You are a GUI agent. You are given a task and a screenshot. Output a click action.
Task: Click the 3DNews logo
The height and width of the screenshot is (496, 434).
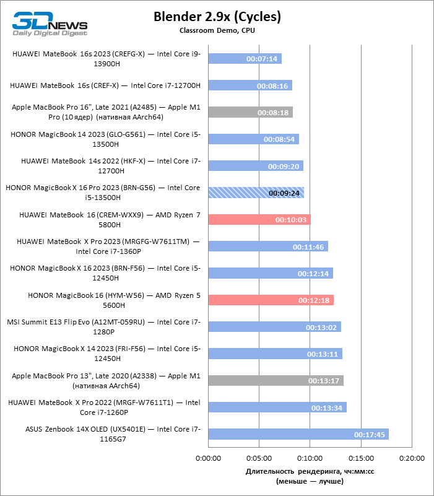click(x=50, y=24)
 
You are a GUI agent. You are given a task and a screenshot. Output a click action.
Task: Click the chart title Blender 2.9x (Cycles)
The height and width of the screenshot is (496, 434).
click(x=217, y=17)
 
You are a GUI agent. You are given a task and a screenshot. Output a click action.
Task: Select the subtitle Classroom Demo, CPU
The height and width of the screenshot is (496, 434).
click(x=217, y=30)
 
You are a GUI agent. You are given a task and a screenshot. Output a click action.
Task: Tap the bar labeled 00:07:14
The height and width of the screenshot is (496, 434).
click(x=245, y=59)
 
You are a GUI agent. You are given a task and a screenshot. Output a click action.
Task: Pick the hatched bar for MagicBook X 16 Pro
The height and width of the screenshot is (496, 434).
click(x=256, y=193)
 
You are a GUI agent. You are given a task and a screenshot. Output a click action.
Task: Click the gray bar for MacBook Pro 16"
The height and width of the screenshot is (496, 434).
click(x=251, y=112)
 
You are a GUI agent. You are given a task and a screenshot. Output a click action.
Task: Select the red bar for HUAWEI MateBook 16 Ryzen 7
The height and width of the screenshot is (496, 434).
click(x=259, y=220)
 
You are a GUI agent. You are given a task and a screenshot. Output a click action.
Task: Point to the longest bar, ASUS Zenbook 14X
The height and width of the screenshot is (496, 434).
click(x=298, y=434)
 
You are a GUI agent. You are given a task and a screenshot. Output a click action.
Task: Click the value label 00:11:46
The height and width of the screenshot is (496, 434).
click(x=308, y=246)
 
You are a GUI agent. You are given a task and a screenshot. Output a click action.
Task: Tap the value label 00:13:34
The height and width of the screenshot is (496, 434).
click(x=327, y=407)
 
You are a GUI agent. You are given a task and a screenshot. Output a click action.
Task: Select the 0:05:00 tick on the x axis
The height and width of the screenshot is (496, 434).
click(x=259, y=458)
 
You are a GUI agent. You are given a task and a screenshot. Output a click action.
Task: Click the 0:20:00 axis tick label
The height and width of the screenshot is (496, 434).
click(x=412, y=458)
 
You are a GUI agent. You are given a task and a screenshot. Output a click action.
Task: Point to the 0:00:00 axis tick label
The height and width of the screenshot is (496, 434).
click(x=208, y=458)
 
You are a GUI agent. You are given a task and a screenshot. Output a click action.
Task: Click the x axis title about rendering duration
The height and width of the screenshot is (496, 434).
click(x=310, y=476)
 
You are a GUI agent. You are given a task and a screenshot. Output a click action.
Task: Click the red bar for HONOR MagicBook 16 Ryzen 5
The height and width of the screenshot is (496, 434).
click(x=271, y=300)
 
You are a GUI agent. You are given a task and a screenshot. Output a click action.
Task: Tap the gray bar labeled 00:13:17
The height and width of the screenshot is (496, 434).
click(x=276, y=381)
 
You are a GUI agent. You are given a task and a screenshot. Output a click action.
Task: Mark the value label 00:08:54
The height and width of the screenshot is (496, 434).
click(x=279, y=139)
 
